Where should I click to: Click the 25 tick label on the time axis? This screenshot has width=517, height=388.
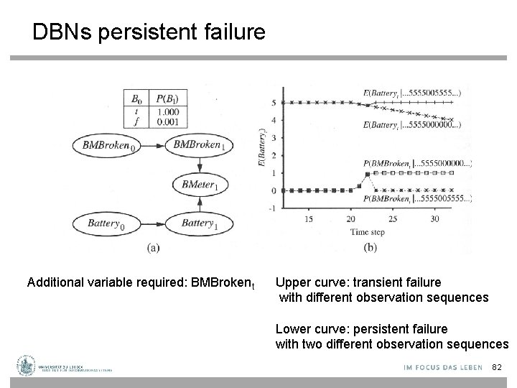(x=391, y=218)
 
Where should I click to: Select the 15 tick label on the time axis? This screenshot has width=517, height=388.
(x=309, y=218)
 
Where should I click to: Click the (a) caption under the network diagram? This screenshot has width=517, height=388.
(x=153, y=248)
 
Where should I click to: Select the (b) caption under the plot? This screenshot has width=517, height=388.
(x=370, y=248)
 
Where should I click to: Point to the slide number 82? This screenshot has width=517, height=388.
(x=495, y=368)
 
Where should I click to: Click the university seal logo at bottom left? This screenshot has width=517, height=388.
(x=27, y=365)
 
